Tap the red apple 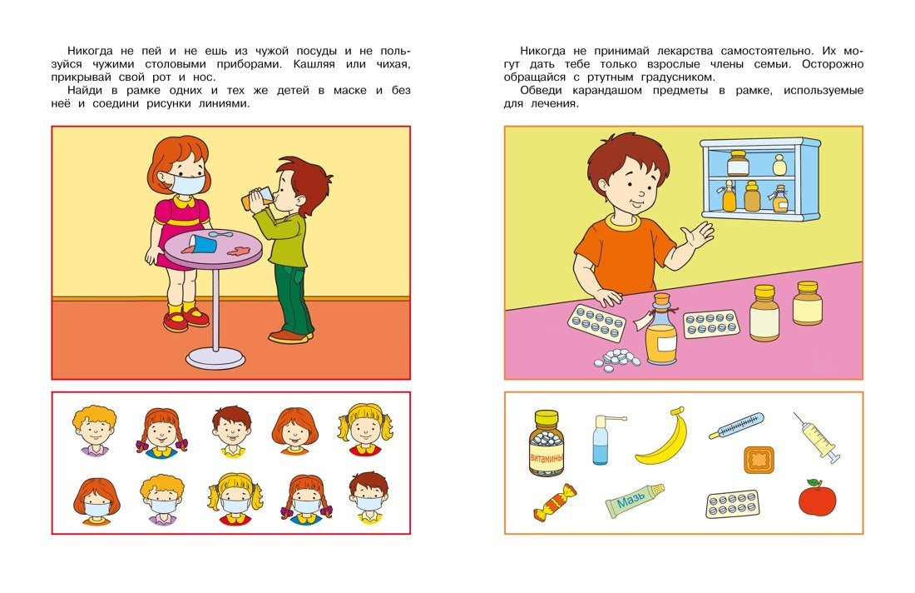click(816, 498)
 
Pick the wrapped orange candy click(555, 502)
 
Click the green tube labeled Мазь click(634, 501)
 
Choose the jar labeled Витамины click(547, 443)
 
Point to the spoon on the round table click(220, 236)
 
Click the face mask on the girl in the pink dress click(188, 183)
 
